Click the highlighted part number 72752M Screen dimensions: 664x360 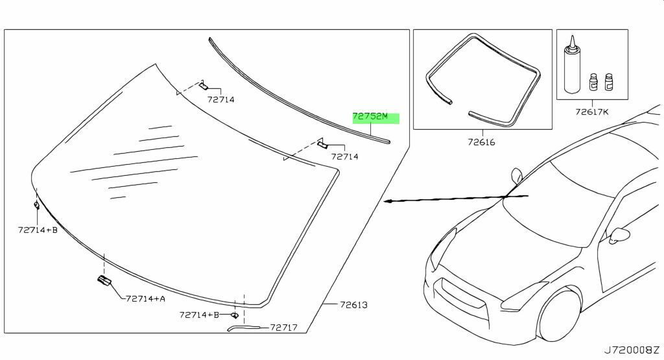[x=370, y=116]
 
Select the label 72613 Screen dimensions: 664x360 [x=353, y=304]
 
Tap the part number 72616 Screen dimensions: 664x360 [x=482, y=142]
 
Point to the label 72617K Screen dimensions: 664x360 [x=591, y=112]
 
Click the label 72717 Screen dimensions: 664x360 [x=284, y=328]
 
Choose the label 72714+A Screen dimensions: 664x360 [x=146, y=298]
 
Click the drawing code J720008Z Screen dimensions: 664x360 [x=632, y=350]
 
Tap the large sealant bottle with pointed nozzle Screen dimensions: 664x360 [x=572, y=65]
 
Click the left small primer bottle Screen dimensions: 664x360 [x=594, y=82]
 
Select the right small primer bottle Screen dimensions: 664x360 [x=609, y=82]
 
